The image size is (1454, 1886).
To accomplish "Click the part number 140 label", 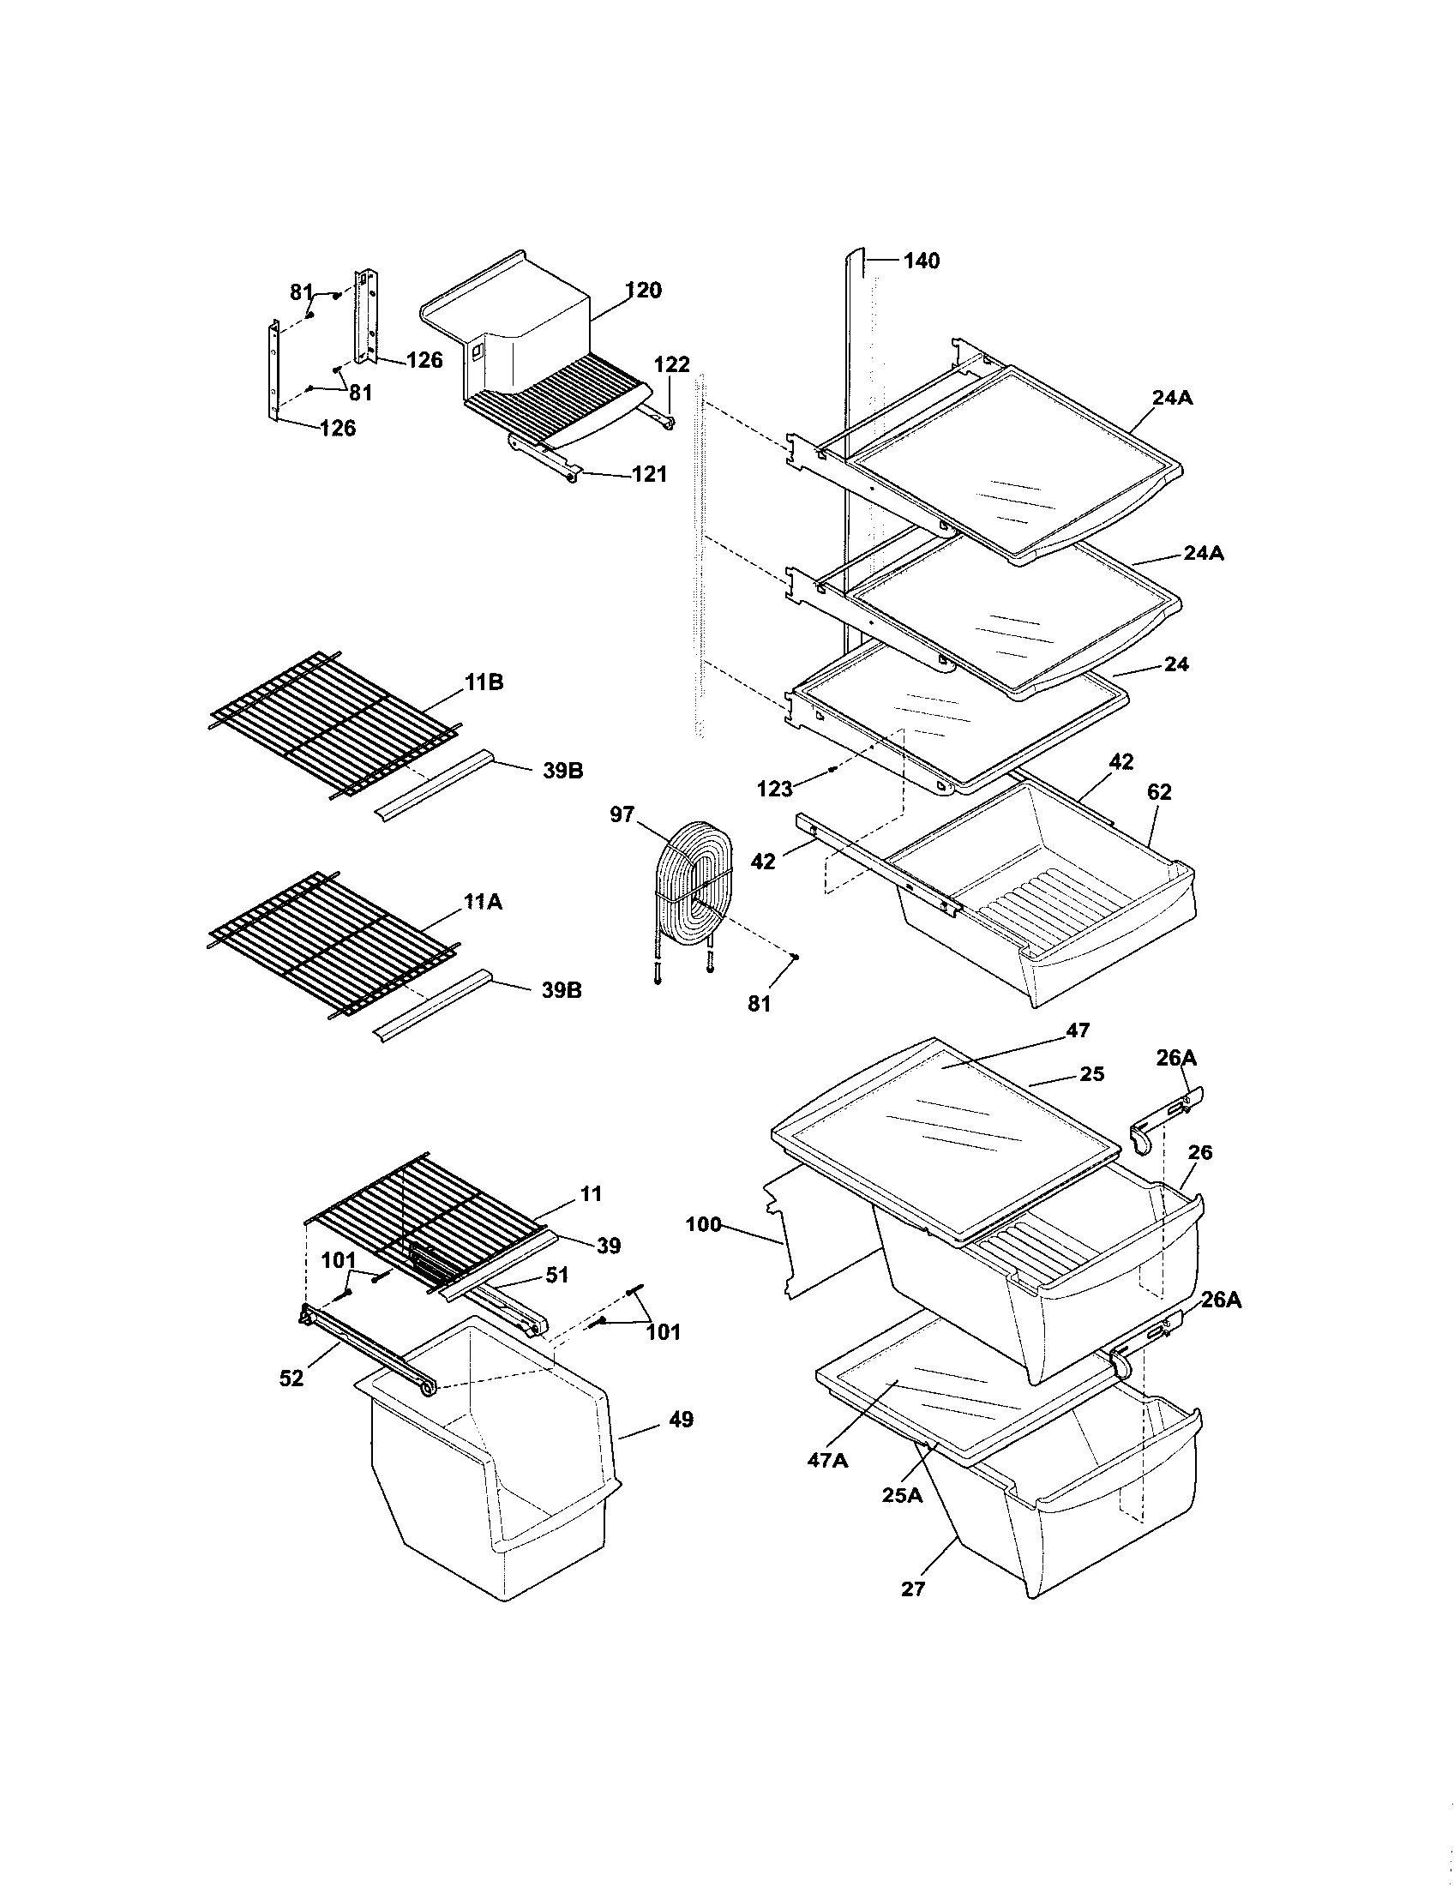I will point(922,261).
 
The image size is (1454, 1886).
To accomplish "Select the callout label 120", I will point(644,290).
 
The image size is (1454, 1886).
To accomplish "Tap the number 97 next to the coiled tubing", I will point(622,814).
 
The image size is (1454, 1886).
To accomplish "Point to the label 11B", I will point(484,682).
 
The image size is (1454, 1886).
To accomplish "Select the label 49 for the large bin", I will point(682,1420).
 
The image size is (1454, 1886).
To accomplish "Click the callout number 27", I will point(913,1589).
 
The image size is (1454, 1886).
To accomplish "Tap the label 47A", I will point(829,1459).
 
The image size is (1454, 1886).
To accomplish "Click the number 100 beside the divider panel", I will point(703,1224).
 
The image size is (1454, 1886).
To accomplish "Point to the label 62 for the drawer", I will point(1159,792).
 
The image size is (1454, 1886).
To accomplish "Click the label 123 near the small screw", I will point(774,789).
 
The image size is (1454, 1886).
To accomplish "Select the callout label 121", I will point(649,474).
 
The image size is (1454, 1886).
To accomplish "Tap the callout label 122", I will point(672,364).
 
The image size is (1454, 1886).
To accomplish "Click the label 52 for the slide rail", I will point(291,1379).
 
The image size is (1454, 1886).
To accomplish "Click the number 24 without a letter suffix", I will point(1176,664).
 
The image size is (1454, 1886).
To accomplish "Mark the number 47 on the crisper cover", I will point(1078,1030).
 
